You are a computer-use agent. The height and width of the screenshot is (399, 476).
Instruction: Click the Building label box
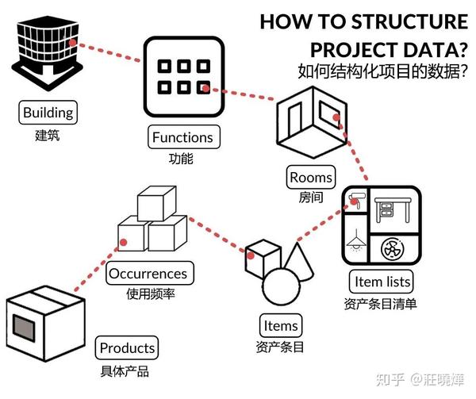[48, 113]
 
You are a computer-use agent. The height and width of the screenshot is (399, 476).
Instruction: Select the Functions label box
[182, 137]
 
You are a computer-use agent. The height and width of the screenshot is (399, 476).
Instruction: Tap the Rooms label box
[311, 177]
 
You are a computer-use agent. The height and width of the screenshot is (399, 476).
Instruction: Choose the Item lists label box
[382, 281]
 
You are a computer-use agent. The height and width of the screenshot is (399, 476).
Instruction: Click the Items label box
[281, 325]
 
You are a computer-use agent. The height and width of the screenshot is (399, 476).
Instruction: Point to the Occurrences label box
[148, 274]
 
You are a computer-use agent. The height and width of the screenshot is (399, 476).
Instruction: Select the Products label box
[127, 347]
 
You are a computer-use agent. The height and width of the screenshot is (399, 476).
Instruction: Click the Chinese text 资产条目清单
[381, 303]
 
